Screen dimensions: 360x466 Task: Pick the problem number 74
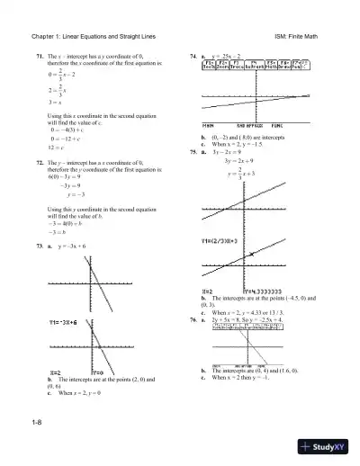[x=193, y=56]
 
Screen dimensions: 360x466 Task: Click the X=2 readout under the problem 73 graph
[x=52, y=372]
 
